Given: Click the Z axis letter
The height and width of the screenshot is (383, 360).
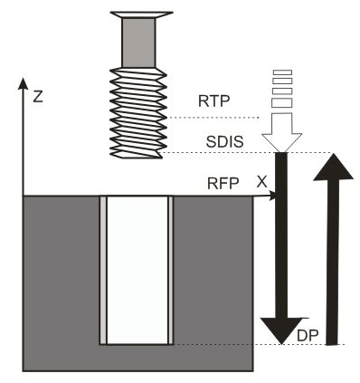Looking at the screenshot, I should [x=37, y=95].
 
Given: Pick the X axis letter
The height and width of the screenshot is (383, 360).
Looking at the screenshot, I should [x=261, y=181].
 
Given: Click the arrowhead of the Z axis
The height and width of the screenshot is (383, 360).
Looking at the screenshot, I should [x=20, y=83].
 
